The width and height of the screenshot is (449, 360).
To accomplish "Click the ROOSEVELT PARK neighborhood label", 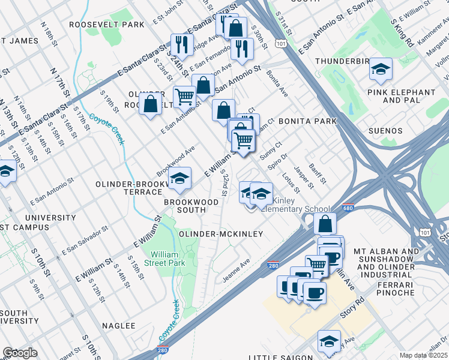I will (x=107, y=25).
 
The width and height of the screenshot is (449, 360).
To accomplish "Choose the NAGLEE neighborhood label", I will (x=119, y=325).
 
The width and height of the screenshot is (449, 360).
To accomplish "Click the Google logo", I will (x=20, y=353).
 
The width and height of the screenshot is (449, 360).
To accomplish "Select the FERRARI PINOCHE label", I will (x=396, y=289).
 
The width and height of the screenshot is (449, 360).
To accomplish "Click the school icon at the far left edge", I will (x=6, y=172).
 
